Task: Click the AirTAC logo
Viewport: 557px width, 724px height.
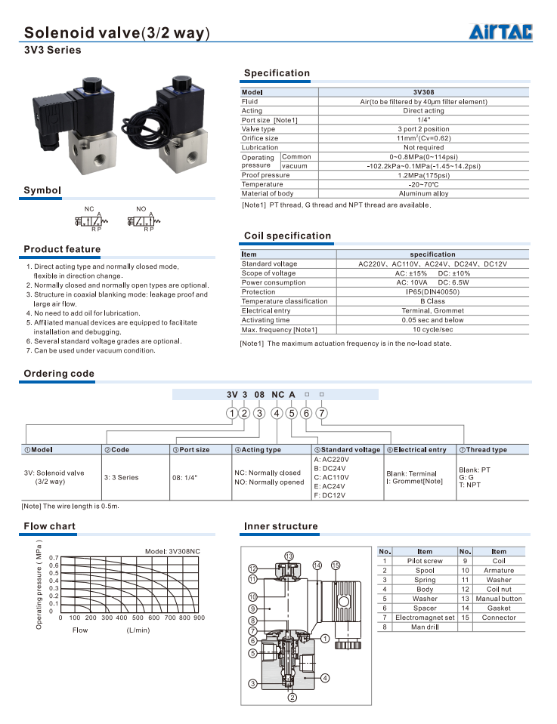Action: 500,32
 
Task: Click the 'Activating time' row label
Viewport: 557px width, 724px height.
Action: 265,320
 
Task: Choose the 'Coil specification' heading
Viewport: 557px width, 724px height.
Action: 287,236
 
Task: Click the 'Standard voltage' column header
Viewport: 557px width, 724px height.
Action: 348,450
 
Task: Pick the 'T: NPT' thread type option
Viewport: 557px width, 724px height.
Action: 469,485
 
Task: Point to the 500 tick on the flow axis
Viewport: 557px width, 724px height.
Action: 138,618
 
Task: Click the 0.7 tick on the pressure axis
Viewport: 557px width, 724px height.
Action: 54,557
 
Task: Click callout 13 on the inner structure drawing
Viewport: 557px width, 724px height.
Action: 289,556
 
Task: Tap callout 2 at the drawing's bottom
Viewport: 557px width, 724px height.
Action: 292,698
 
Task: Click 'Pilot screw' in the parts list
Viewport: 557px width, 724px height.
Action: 425,561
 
